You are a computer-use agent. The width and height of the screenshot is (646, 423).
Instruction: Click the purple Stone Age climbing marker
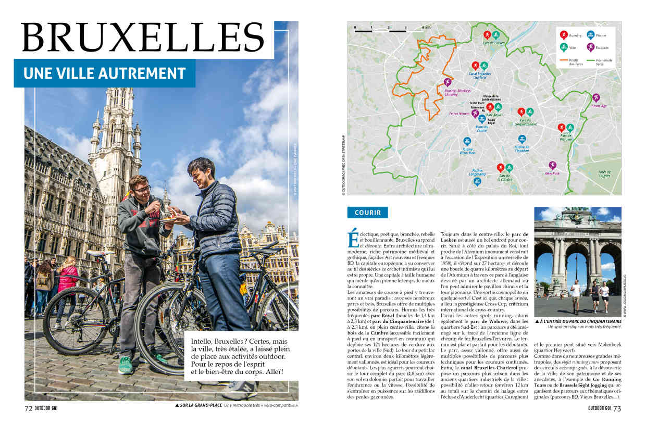[595, 97]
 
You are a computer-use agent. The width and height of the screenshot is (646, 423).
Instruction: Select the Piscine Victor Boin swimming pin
[467, 141]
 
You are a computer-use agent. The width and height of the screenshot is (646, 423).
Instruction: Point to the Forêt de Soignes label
[604, 173]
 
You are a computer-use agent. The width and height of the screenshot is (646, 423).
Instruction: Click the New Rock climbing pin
[552, 165]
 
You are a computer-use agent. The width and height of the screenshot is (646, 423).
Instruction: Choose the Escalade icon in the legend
[590, 47]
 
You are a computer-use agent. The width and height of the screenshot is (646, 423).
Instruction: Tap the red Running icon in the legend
[563, 35]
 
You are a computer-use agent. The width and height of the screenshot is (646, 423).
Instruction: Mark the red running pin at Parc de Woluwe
[561, 128]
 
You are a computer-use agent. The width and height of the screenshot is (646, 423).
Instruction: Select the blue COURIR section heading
[367, 213]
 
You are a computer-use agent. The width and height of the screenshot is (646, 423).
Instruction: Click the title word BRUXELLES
[143, 39]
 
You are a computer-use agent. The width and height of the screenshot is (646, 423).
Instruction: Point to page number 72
[29, 408]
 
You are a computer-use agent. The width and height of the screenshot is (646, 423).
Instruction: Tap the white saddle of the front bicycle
[101, 254]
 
